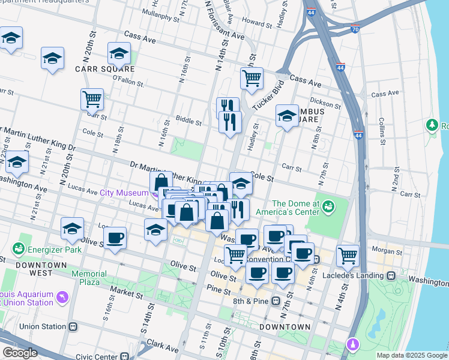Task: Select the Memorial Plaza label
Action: tap(89, 278)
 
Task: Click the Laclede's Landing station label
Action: tap(359, 275)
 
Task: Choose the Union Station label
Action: tap(43, 326)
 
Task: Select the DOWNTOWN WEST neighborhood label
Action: tap(41, 265)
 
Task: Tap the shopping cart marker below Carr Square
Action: tap(92, 98)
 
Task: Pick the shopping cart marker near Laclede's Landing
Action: tap(348, 255)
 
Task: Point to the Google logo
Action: tap(19, 353)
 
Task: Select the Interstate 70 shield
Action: tap(356, 28)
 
